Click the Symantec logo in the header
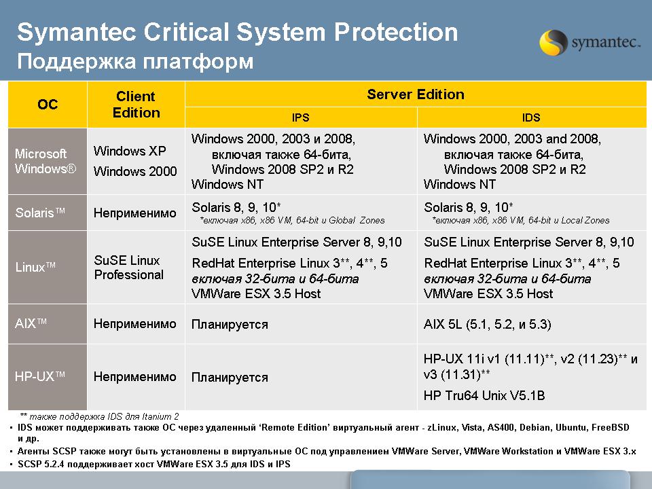(590, 42)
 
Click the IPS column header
(301, 117)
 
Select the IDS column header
(531, 117)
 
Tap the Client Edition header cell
(136, 105)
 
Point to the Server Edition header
(416, 94)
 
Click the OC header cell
(48, 105)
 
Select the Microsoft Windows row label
(46, 162)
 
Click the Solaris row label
(40, 213)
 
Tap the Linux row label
(35, 266)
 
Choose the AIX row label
(31, 323)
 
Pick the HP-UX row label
(39, 376)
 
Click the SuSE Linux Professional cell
(129, 268)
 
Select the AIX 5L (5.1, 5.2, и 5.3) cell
(488, 324)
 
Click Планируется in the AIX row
(230, 325)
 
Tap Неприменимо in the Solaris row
(134, 213)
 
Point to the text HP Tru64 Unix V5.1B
(484, 395)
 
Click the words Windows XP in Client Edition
(130, 151)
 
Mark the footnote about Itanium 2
(99, 416)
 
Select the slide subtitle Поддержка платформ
(135, 62)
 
